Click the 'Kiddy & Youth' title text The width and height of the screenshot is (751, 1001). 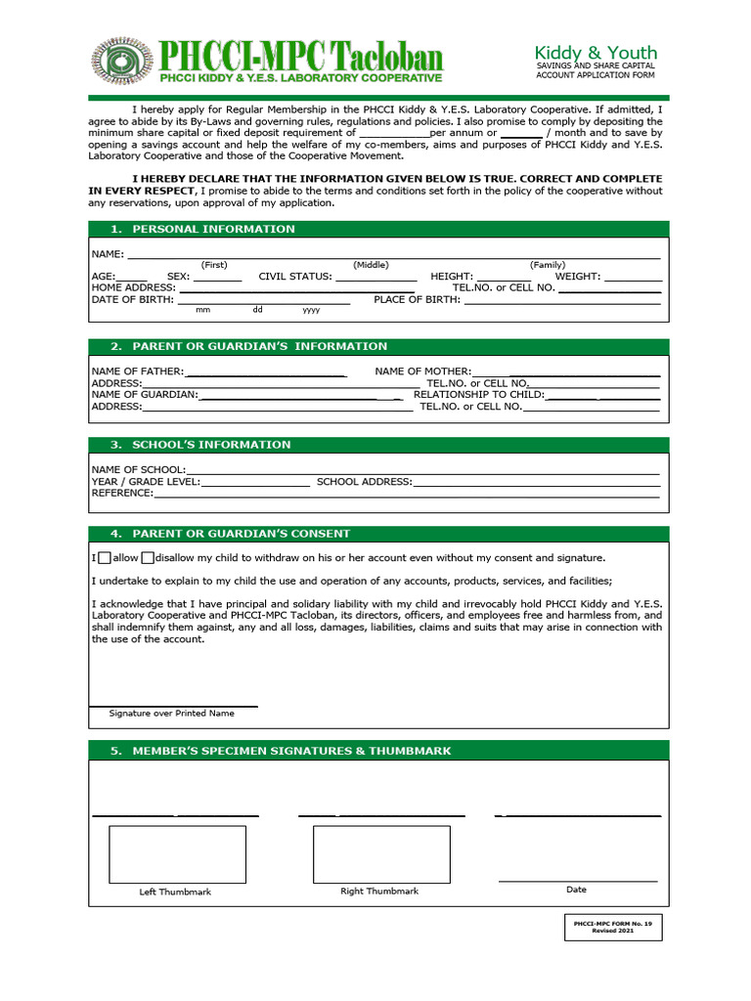595,52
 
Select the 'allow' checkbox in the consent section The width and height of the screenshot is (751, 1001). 105,558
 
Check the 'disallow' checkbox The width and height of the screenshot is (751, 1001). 148,558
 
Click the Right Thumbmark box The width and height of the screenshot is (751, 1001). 381,854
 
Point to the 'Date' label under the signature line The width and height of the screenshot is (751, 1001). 576,890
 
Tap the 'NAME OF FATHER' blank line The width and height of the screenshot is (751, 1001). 266,372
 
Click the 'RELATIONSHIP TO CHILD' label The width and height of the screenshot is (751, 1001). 478,395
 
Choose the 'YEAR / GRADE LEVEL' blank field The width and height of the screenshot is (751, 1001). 255,482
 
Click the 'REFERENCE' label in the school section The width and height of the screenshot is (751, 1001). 122,494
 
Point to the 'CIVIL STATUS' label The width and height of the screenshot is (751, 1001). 295,277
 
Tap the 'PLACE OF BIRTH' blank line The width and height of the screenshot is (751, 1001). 561,301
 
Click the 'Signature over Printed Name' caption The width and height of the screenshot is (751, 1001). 172,714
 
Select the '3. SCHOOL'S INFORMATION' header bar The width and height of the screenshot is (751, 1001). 199,445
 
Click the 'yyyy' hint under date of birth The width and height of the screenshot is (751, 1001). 311,310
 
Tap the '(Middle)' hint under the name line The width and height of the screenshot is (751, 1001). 371,265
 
